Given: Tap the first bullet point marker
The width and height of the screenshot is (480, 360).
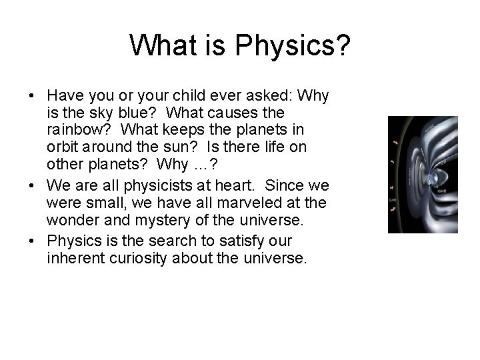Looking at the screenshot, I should [32, 97].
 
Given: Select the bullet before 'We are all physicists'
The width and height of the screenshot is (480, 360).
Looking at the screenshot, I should [32, 184].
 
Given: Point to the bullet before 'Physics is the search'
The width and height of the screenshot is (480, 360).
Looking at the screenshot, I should [32, 240].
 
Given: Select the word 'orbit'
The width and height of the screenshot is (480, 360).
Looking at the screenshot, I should [63, 147].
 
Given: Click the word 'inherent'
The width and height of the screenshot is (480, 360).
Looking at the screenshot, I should [73, 257].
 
